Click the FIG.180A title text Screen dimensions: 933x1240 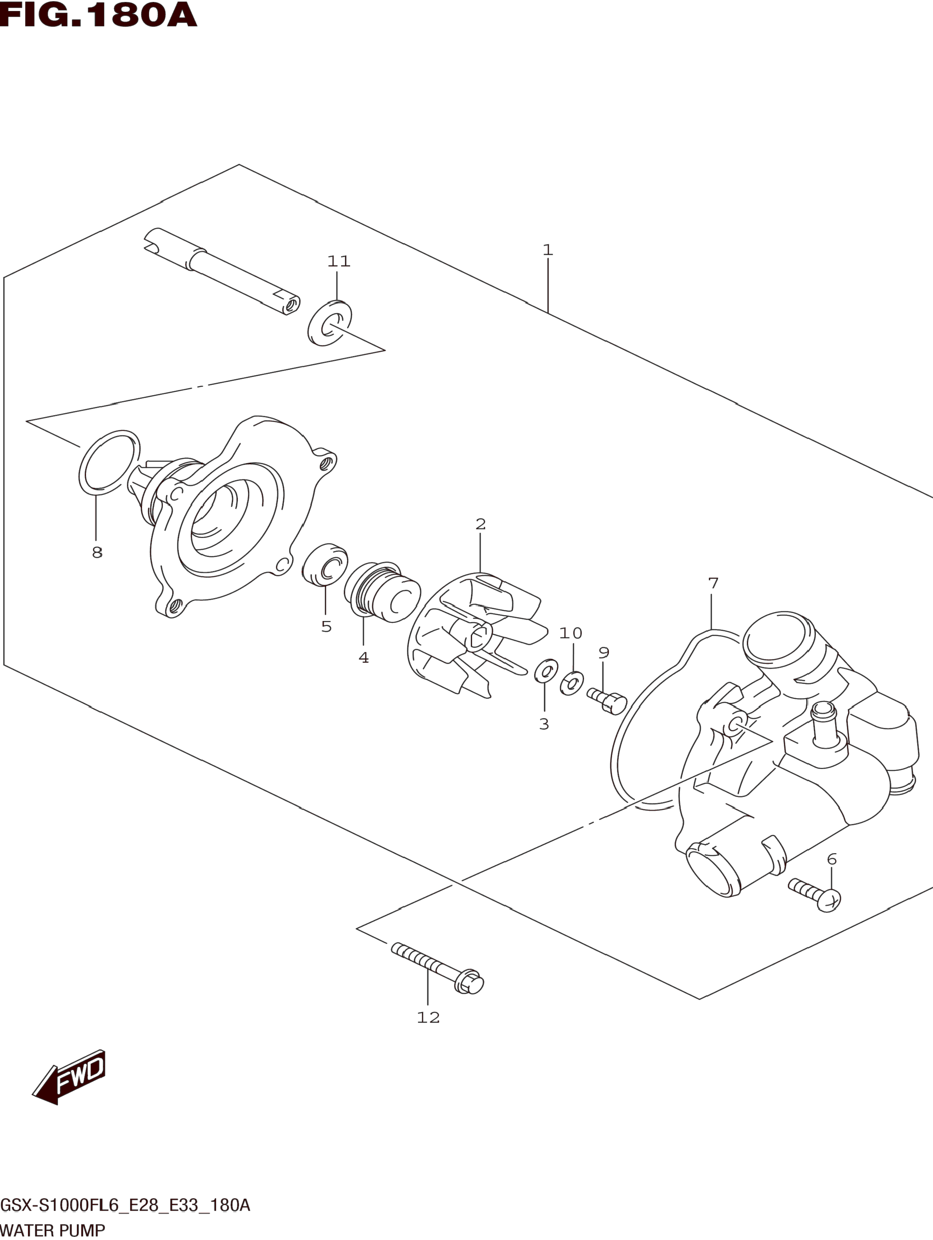99,15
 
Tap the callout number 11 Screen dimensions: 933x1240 339,261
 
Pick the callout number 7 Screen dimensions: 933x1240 712,583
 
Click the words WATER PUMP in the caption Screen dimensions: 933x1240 53,1231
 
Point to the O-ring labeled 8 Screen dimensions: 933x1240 109,463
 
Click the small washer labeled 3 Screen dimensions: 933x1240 546,671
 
